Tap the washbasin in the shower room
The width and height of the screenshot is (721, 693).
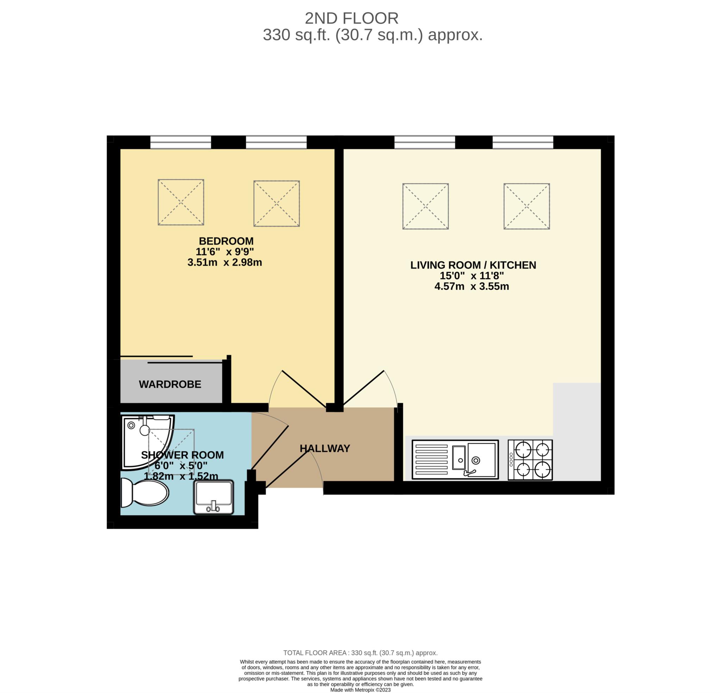pos(214,497)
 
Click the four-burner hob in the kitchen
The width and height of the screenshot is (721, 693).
pos(530,459)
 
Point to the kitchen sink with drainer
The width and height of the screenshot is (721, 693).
pos(455,459)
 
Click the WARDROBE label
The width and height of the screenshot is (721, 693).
pos(170,384)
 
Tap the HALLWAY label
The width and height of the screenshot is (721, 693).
pos(325,449)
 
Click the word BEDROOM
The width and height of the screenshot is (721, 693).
pos(226,241)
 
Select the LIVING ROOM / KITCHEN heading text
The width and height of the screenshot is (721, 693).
pos(473,265)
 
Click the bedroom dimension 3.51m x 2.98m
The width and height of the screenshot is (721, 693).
pos(224,262)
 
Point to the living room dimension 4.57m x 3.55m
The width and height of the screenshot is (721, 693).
pos(472,286)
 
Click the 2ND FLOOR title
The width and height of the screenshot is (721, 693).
pos(351,18)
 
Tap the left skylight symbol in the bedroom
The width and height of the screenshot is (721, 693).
pos(181,202)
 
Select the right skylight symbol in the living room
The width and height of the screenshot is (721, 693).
pos(526,206)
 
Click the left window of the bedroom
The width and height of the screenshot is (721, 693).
pos(181,142)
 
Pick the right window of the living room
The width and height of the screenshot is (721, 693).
pos(523,142)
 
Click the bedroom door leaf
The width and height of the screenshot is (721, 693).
pos(304,389)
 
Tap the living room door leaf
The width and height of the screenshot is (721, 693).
pos(363,388)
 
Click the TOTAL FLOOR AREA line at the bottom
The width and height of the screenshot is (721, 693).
pos(360,653)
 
